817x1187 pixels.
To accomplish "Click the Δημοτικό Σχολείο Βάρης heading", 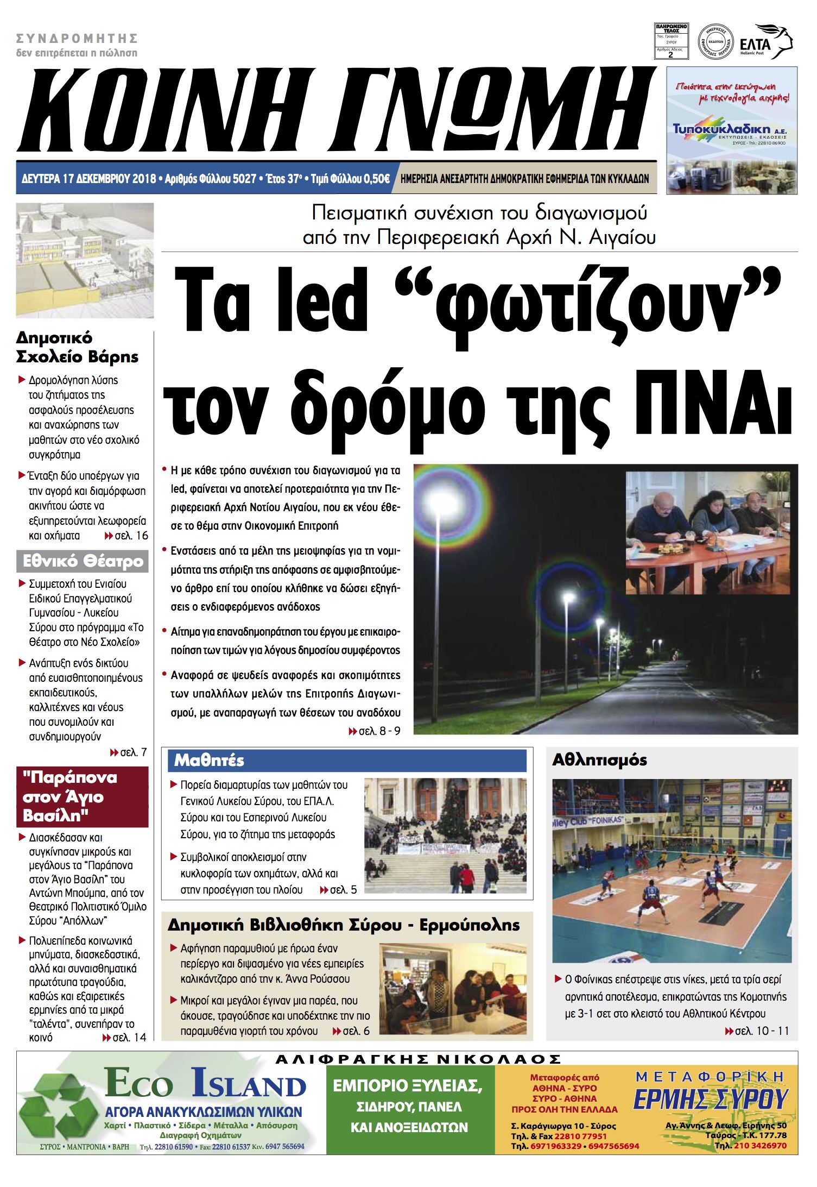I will coord(77,347).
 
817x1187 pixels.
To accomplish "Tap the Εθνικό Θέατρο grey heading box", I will coord(83,561).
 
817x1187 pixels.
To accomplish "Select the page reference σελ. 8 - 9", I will coord(379,731).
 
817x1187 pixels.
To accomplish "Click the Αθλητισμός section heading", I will coord(599,760).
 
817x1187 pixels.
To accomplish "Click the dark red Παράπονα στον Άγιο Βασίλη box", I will coord(83,796).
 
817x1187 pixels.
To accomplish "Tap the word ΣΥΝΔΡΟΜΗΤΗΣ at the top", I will coord(77,39).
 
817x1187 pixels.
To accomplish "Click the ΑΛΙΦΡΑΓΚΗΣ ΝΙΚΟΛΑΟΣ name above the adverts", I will coord(418,1059).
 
